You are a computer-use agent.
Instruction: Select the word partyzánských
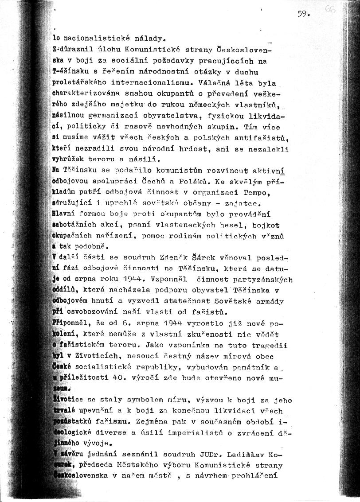pyautogui.click(x=263, y=280)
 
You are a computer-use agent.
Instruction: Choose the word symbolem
pyautogui.click(x=145, y=399)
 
